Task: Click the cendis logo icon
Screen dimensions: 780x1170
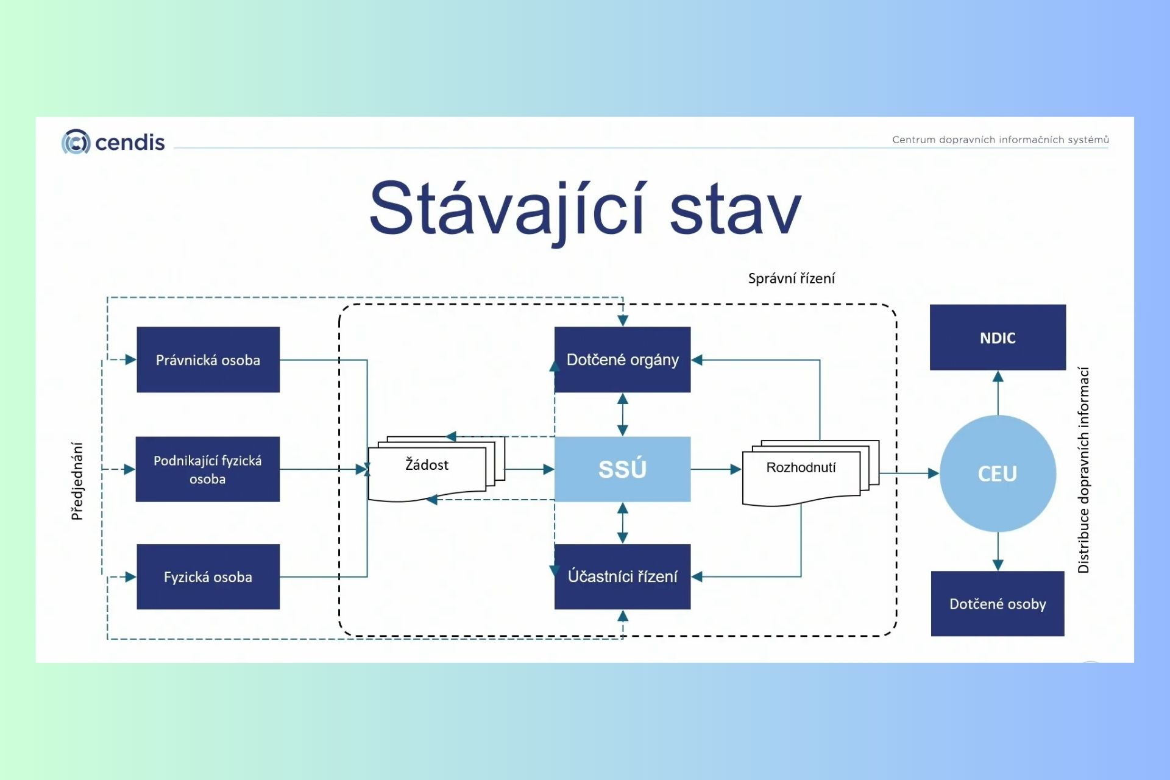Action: tap(76, 142)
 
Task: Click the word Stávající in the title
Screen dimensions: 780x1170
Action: tap(506, 209)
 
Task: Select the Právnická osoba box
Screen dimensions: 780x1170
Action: tap(208, 360)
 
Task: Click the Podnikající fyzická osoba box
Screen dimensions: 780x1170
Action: tap(207, 469)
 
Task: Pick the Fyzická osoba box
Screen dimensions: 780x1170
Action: tap(208, 576)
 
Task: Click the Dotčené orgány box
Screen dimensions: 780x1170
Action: tap(622, 360)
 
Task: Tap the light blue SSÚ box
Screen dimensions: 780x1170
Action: tap(622, 469)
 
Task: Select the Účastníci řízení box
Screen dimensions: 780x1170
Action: tap(622, 576)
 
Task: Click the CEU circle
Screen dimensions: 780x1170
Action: tap(998, 473)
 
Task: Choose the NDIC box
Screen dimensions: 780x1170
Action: tap(998, 338)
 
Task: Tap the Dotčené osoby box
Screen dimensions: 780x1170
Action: tap(998, 603)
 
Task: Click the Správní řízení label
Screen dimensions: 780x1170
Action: tap(791, 278)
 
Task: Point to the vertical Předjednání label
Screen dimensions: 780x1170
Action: tap(77, 481)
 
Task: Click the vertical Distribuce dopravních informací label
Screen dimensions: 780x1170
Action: tap(1083, 470)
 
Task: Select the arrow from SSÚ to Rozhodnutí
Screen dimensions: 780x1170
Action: tap(715, 469)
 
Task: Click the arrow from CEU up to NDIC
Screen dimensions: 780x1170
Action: tap(998, 392)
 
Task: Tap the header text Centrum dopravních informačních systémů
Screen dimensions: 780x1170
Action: tap(1000, 140)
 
